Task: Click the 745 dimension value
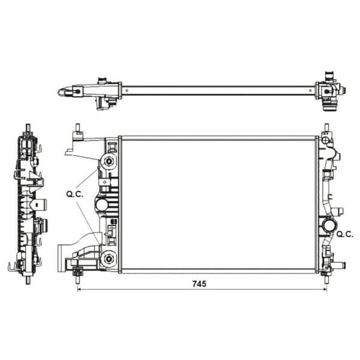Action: click(200, 284)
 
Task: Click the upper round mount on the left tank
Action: click(109, 161)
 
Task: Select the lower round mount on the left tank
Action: click(109, 259)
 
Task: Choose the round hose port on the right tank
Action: click(328, 227)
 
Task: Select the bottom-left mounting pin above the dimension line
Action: click(78, 274)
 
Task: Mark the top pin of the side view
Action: click(28, 128)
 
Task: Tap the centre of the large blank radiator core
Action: click(217, 204)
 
